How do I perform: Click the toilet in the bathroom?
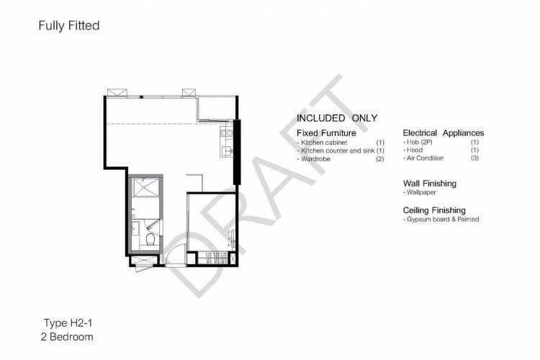pyautogui.click(x=151, y=239)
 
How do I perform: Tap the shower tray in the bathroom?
pyautogui.click(x=146, y=187)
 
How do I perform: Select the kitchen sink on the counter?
pyautogui.click(x=227, y=151)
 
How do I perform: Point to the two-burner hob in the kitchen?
pyautogui.click(x=227, y=132)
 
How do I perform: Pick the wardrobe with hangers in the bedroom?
pyautogui.click(x=212, y=258)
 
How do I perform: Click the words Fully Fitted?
pyautogui.click(x=69, y=25)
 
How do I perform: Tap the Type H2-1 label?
pyautogui.click(x=68, y=323)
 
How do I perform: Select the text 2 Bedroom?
pyautogui.click(x=67, y=336)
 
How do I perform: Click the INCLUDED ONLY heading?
pyautogui.click(x=337, y=118)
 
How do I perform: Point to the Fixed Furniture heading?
pyautogui.click(x=326, y=133)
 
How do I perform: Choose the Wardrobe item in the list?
pyautogui.click(x=315, y=159)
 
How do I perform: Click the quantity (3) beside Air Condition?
pyautogui.click(x=474, y=158)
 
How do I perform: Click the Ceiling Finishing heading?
pyautogui.click(x=434, y=210)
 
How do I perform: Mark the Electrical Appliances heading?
pyautogui.click(x=444, y=133)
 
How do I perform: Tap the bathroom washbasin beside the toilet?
pyautogui.click(x=135, y=228)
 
